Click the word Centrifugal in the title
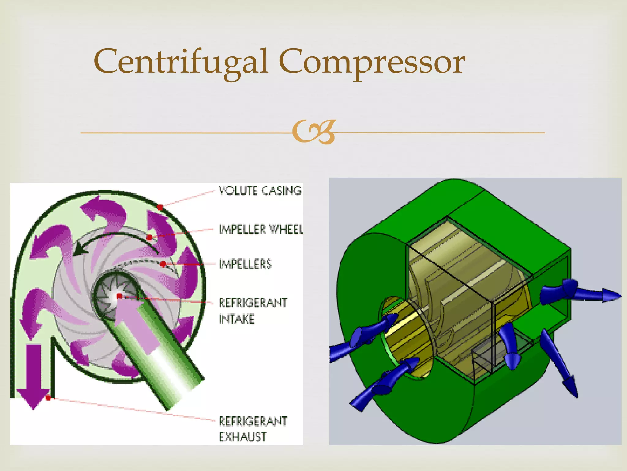(x=181, y=61)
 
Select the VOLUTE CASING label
(x=260, y=190)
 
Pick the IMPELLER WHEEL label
(x=261, y=229)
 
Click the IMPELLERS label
(x=245, y=264)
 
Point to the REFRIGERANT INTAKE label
(x=253, y=311)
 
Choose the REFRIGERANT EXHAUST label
(x=253, y=429)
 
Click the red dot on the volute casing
(x=160, y=208)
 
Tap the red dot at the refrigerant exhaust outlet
(x=48, y=398)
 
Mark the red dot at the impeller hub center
(x=119, y=296)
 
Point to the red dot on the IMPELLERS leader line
(x=163, y=264)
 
